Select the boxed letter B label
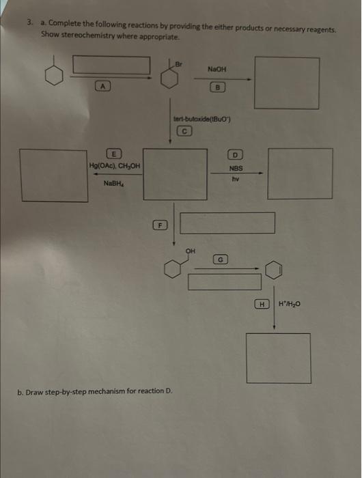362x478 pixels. coord(218,87)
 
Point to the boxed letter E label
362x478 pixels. coord(115,154)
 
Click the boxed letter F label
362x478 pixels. coord(158,224)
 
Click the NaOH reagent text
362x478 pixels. coord(217,69)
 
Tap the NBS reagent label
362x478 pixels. coord(236,168)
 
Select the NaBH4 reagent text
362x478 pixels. coord(113,183)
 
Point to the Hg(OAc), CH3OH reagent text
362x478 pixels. coord(115,166)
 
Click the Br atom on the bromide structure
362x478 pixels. coord(180,63)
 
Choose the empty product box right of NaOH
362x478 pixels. coord(287,83)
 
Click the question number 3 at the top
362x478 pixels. coord(29,22)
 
